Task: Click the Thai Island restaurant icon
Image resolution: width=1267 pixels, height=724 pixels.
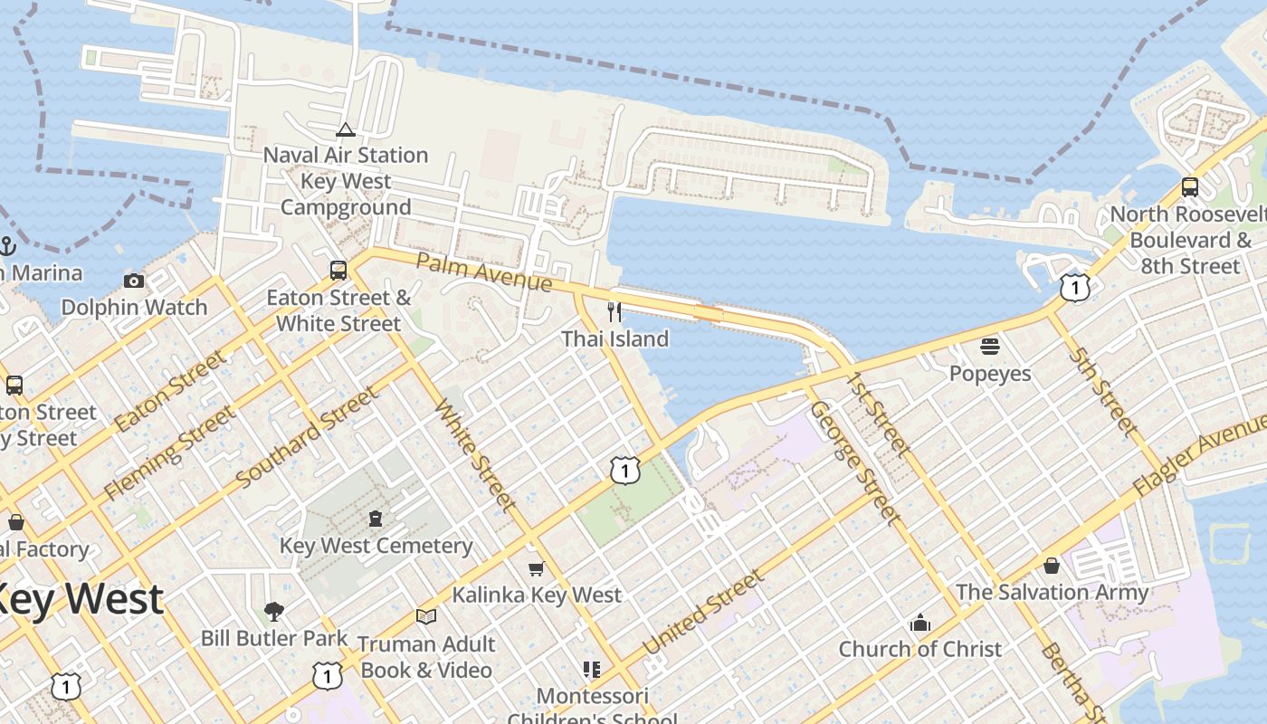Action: [614, 312]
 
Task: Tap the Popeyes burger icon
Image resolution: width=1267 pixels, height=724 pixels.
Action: [989, 346]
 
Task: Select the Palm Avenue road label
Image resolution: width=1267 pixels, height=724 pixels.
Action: [483, 272]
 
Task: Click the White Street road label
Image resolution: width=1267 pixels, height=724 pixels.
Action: [476, 455]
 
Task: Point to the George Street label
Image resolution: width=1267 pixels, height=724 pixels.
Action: [855, 462]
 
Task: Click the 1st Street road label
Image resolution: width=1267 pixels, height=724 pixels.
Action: [878, 412]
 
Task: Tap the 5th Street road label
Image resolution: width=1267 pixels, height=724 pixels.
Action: [1103, 390]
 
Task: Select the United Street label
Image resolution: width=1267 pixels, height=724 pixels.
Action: [703, 614]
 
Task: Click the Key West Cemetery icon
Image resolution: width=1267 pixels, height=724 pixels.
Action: [376, 519]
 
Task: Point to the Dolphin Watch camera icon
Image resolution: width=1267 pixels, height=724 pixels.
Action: [134, 281]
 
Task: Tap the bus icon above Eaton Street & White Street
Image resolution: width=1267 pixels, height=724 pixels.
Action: [338, 270]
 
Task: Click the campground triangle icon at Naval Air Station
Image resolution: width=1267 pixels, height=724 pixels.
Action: [345, 130]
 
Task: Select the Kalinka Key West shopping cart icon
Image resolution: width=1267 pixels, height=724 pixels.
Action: [537, 568]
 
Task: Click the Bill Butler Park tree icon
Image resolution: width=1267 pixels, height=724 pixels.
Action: [273, 612]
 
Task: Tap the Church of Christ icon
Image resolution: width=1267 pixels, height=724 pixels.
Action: [920, 623]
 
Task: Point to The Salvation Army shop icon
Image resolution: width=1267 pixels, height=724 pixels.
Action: [1052, 566]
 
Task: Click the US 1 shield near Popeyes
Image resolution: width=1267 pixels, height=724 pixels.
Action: [1074, 288]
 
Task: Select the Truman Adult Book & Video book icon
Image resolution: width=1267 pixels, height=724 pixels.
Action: [425, 616]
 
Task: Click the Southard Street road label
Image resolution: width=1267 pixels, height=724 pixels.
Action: [308, 437]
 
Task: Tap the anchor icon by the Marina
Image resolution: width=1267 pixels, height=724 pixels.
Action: [7, 245]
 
